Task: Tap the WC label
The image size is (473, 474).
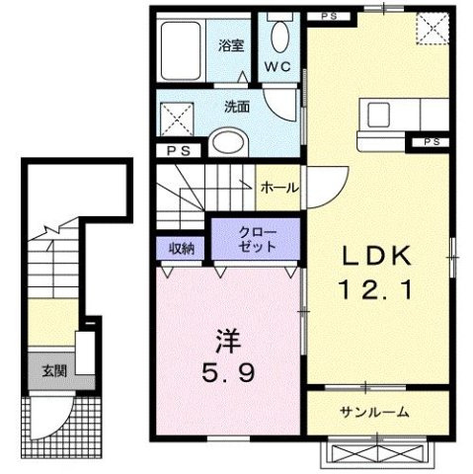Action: pos(276,67)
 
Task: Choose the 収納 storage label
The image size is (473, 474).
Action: pos(180,249)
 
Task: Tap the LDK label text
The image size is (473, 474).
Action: pos(376,254)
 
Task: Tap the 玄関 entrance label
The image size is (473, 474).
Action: pos(54,372)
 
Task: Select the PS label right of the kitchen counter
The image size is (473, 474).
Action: pos(432,142)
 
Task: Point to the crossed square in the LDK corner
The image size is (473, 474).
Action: pos(430,27)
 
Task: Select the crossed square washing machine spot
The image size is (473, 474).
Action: pos(178,121)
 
